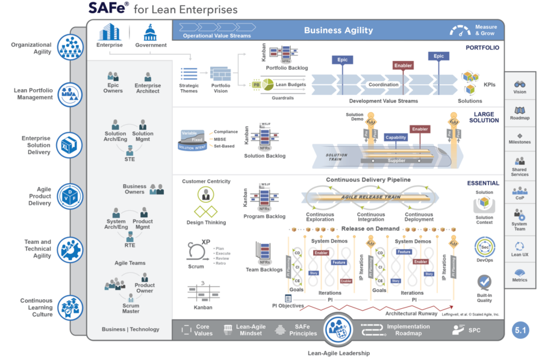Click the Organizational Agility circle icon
tap(70, 47)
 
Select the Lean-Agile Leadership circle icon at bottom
tap(338, 330)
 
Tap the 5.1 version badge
tap(520, 331)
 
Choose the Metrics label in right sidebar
tap(520, 280)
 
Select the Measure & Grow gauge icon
tap(461, 30)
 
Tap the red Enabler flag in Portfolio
tap(403, 66)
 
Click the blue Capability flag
tap(396, 137)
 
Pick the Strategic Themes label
tap(189, 88)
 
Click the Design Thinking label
tap(206, 222)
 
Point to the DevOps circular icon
tap(484, 247)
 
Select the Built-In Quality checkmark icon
tap(484, 282)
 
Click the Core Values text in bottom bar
tap(204, 330)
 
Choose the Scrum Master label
tap(131, 308)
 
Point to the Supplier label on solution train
tap(396, 161)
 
